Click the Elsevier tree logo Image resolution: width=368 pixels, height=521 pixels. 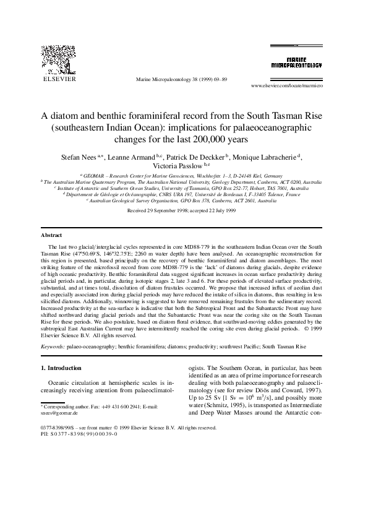[x=59, y=59]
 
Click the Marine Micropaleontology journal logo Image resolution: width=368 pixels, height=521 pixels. [x=296, y=61]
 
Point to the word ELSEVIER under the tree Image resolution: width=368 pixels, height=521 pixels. [x=58, y=79]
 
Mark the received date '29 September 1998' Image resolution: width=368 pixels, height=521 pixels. [x=165, y=210]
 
